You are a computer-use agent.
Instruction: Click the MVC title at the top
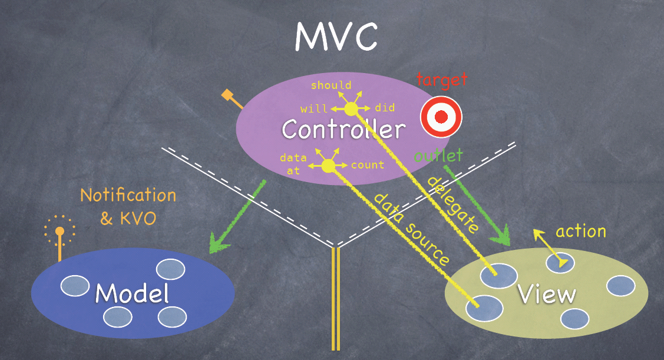(336, 37)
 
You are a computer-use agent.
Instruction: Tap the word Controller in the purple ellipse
(343, 129)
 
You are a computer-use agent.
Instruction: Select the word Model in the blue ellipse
(132, 293)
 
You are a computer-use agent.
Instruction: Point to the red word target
(441, 80)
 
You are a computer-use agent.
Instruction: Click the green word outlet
(438, 157)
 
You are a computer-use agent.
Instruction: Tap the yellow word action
(580, 231)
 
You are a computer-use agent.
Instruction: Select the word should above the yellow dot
(331, 85)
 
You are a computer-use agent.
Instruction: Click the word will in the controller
(313, 109)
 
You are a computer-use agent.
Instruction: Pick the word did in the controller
(385, 108)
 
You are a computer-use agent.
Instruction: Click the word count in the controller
(368, 165)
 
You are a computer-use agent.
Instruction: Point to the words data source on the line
(412, 228)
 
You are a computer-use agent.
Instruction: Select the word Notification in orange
(128, 195)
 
